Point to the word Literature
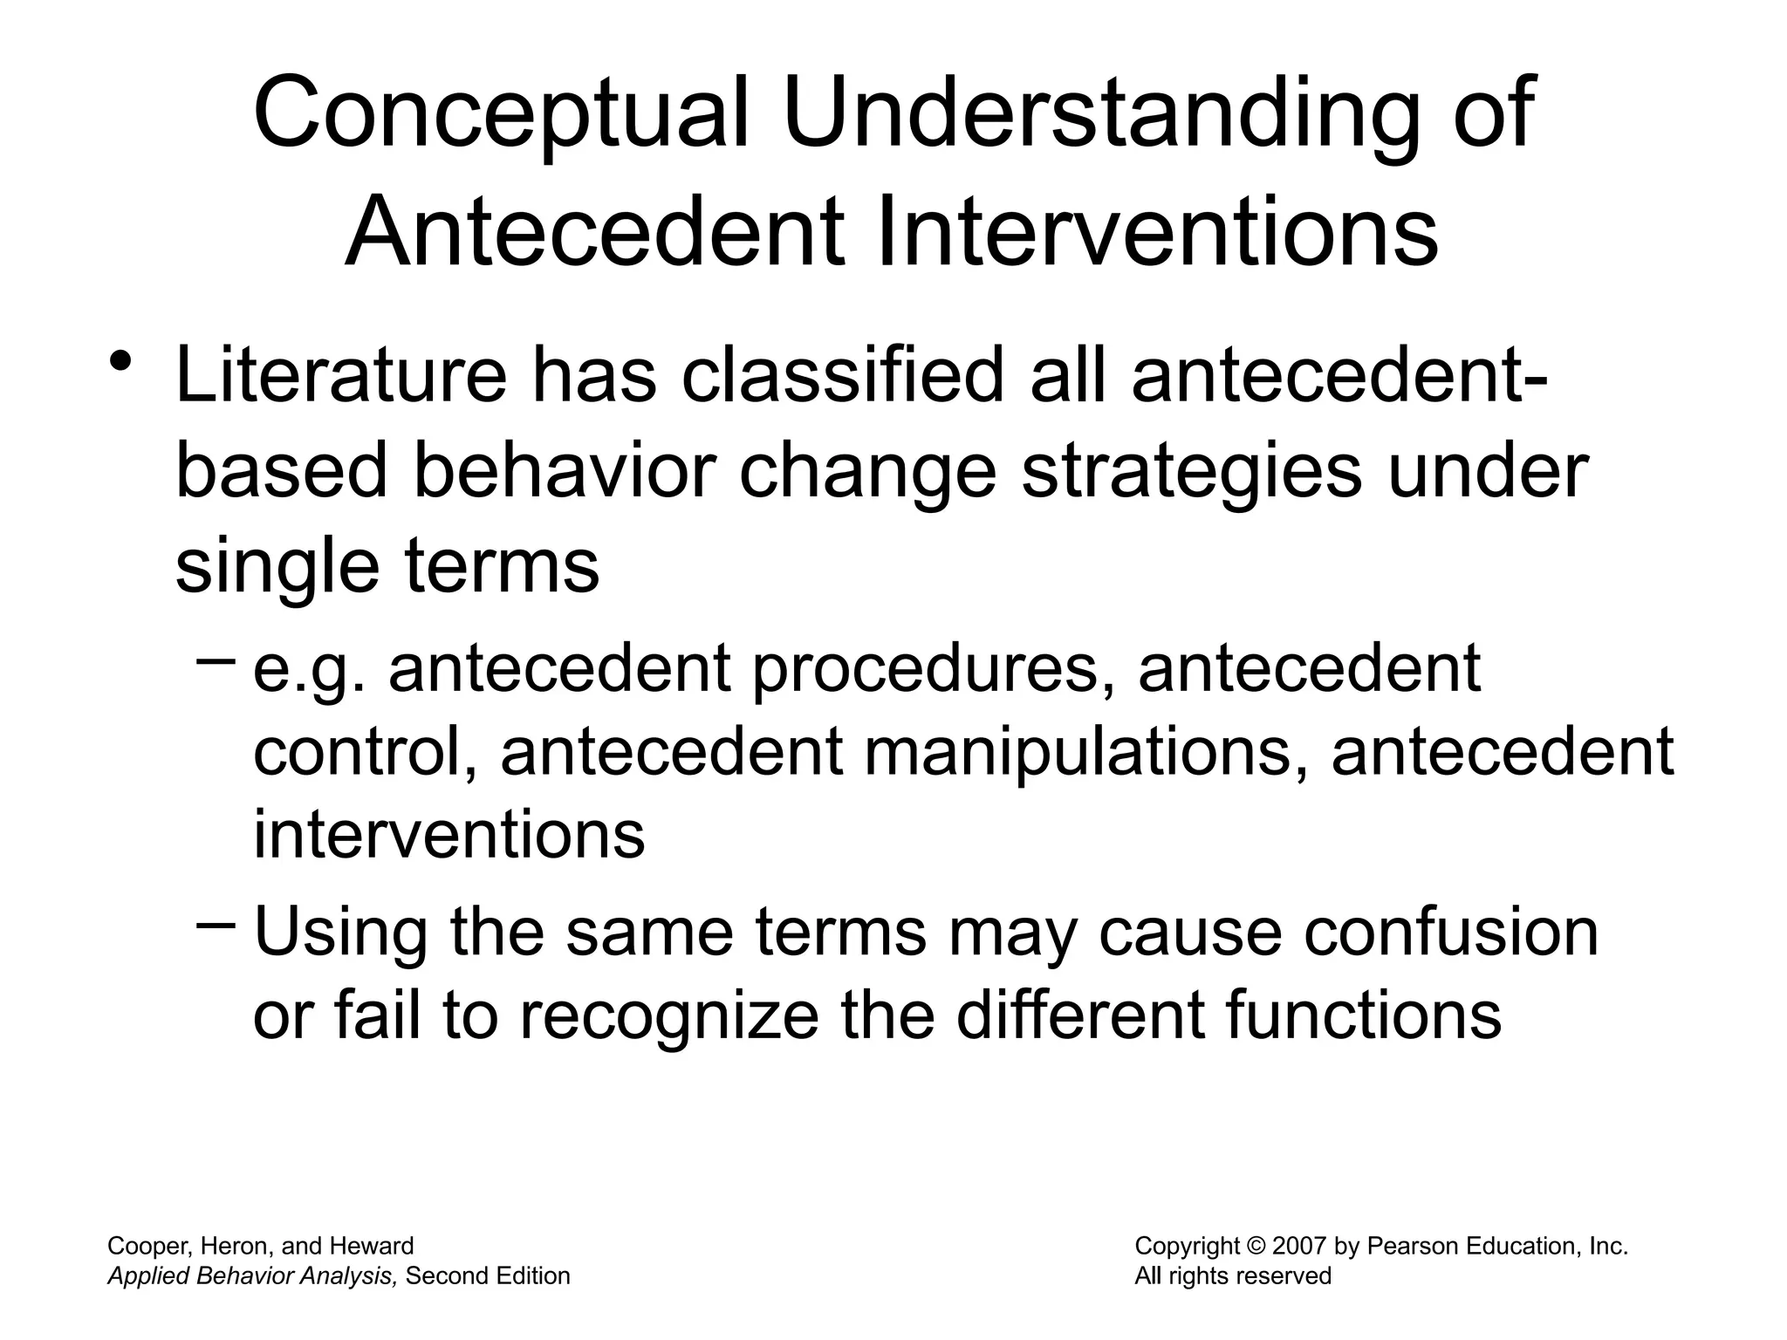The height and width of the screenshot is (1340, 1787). (340, 376)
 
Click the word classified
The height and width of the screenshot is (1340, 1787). (842, 376)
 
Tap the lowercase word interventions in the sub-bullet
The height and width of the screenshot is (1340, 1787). (448, 834)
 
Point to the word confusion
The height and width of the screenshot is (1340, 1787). (1450, 932)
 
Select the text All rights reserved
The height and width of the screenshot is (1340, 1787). (1232, 1276)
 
